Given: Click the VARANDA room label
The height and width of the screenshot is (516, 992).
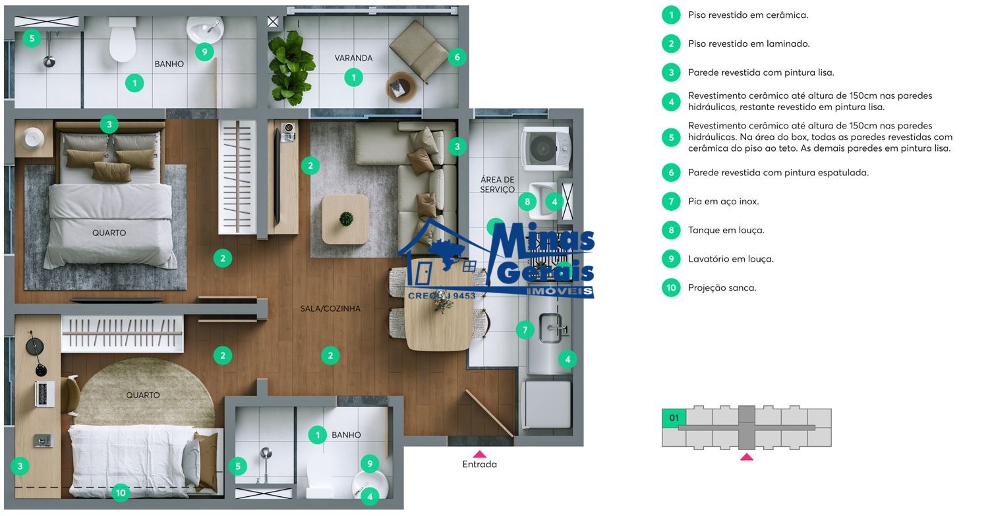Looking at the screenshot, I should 353,58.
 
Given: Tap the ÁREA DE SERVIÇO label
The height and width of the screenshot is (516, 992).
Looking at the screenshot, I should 498,185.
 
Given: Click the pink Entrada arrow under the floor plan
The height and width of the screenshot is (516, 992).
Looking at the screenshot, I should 479,453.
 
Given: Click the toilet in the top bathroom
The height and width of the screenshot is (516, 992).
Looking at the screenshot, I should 122,40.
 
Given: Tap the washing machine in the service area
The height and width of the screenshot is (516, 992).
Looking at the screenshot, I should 544,148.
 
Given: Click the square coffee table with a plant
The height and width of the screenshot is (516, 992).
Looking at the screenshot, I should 345,219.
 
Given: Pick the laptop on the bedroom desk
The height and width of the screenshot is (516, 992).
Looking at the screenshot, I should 45,393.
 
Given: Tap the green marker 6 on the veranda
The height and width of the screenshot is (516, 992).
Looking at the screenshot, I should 457,57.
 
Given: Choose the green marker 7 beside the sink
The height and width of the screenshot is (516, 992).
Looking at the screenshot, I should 525,330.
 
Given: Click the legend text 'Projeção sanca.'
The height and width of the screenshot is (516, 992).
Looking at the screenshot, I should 722,288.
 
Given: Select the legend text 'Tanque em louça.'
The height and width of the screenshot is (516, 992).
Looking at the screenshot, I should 726,230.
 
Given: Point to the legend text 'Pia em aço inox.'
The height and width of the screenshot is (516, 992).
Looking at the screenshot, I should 724,202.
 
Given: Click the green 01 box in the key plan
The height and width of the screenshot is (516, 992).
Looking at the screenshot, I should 674,418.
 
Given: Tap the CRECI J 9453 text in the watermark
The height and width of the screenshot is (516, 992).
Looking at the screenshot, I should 441,296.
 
